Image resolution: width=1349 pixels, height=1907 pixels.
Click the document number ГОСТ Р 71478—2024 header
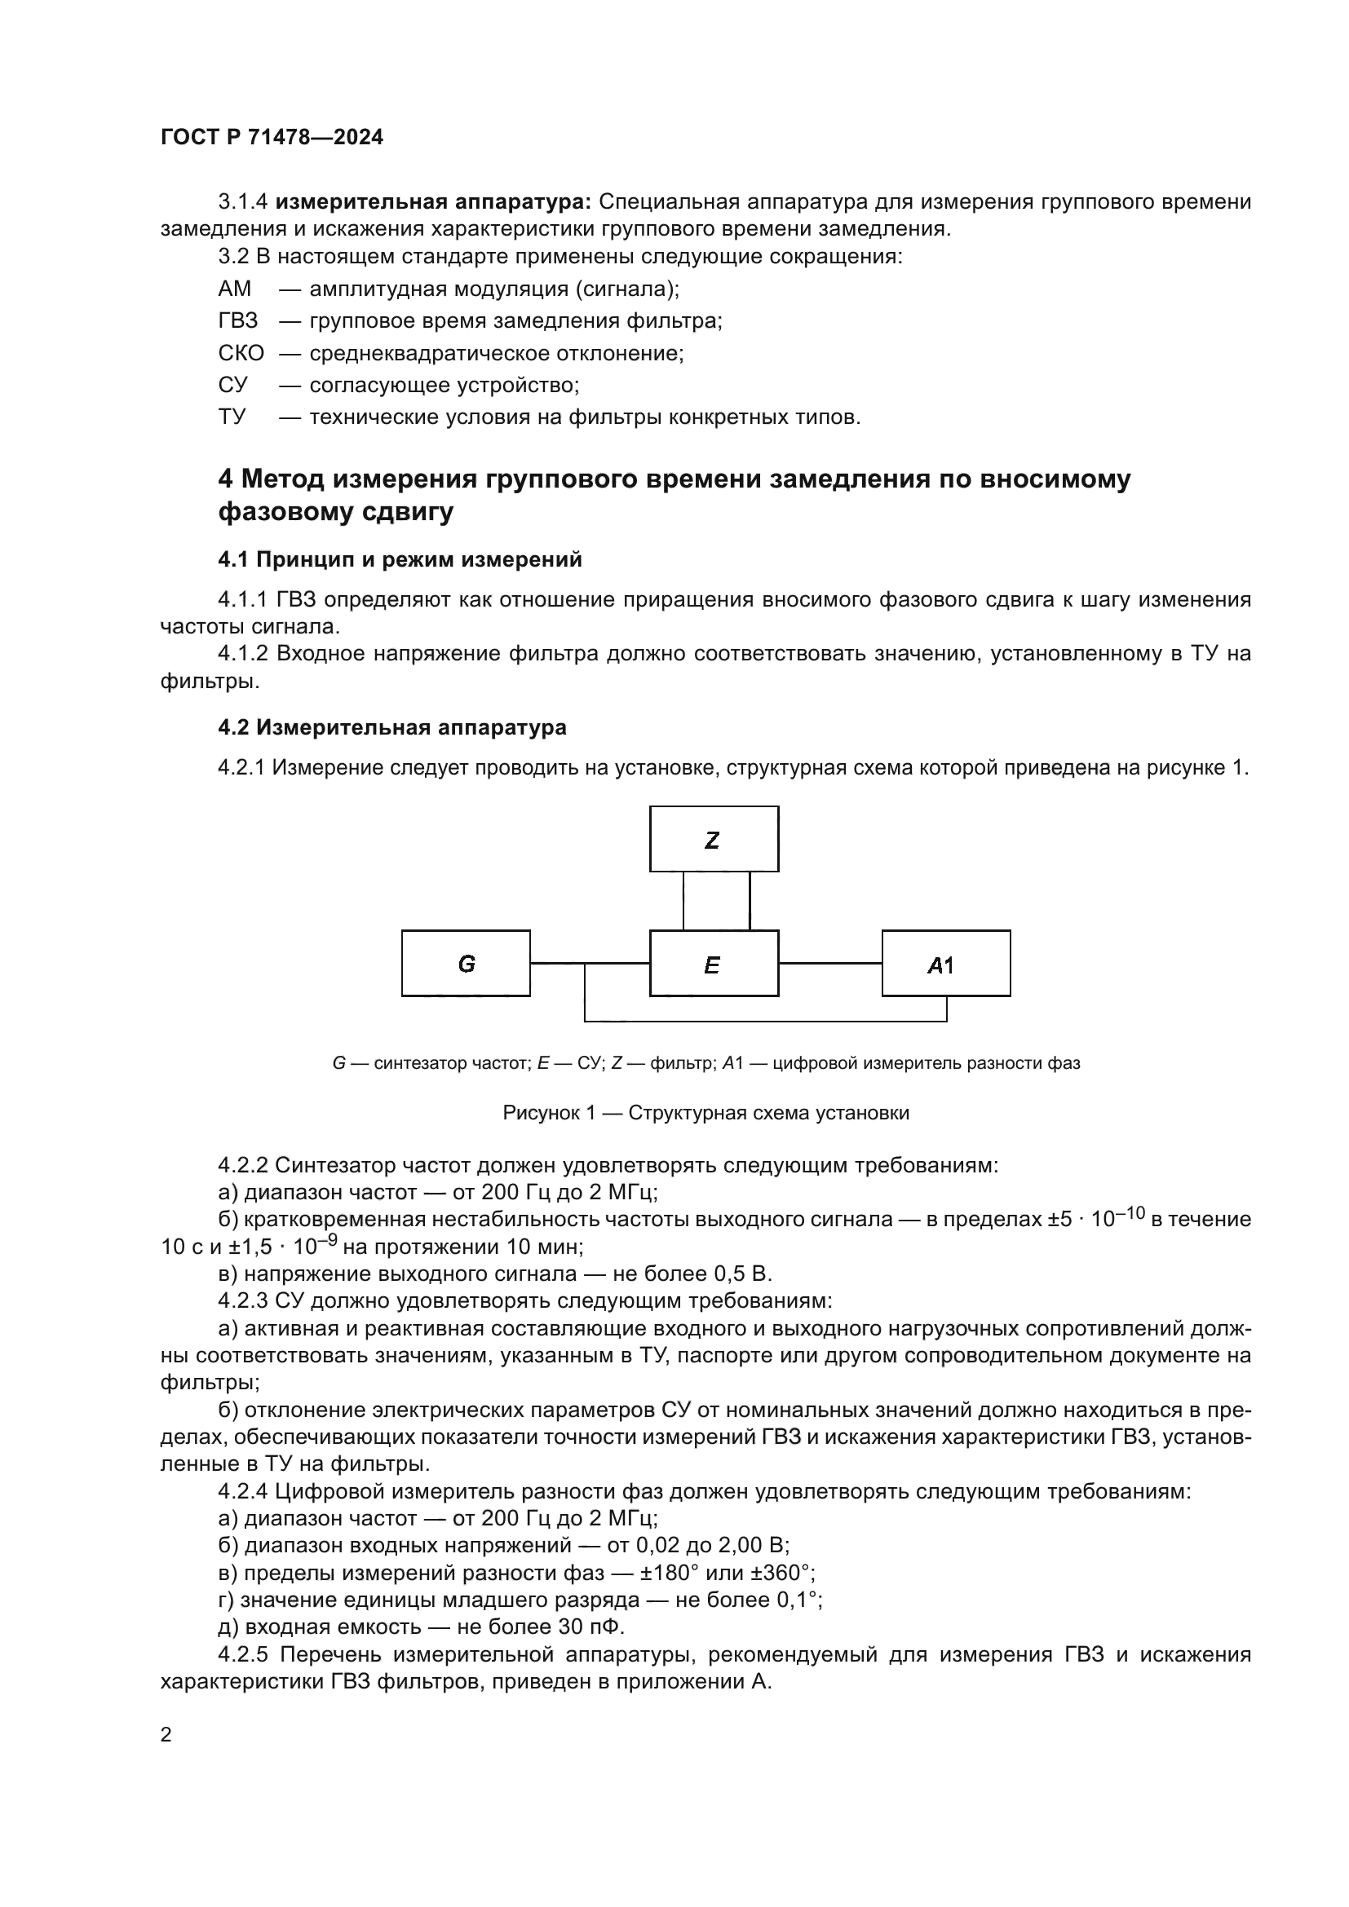pos(272,138)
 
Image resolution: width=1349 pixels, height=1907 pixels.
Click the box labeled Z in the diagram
pos(714,839)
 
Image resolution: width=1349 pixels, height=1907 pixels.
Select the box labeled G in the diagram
pos(465,964)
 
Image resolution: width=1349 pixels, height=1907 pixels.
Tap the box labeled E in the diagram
pos(714,964)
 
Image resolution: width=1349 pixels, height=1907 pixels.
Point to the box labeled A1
pos(945,964)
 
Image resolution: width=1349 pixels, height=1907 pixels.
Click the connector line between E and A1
pos(829,964)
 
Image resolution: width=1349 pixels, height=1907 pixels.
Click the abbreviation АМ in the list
pos(234,289)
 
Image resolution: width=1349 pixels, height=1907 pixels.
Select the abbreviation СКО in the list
pos(241,353)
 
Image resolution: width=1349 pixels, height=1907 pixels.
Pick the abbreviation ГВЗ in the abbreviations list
pos(238,320)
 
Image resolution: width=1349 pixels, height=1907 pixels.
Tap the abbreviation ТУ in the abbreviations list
pos(232,417)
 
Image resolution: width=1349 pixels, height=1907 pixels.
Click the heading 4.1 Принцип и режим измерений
pos(400,560)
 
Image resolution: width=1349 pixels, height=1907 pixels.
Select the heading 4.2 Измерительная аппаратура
pos(392,727)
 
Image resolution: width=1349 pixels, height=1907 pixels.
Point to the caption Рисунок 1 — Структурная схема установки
pos(705,1113)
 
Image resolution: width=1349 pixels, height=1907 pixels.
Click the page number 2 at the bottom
pos(166,1734)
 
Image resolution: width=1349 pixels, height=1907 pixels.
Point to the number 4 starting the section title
pos(225,480)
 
